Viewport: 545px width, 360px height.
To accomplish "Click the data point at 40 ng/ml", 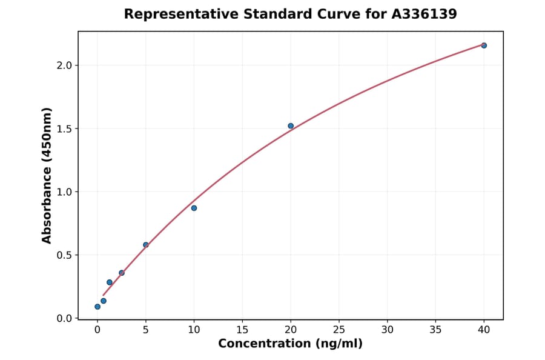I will click(484, 45).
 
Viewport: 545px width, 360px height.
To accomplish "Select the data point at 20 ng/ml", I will click(291, 126).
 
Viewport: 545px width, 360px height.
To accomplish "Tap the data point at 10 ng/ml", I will click(194, 208).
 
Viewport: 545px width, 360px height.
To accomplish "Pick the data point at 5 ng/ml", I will click(145, 245).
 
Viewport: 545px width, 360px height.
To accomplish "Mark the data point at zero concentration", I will click(97, 307).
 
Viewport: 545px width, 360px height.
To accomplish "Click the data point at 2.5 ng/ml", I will click(122, 273).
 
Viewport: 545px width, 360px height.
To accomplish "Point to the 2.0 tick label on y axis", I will click(64, 65).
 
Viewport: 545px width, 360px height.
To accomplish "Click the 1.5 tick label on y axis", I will click(64, 128).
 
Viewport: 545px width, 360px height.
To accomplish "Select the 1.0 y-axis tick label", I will click(64, 192).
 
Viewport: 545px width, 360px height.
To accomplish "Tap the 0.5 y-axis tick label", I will click(64, 255).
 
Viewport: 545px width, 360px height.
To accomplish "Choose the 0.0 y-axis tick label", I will click(64, 318).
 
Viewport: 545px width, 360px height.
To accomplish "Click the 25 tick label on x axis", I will click(339, 330).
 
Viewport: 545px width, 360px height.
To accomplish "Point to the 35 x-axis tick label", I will click(435, 330).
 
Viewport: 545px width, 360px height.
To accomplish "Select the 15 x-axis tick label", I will click(242, 330).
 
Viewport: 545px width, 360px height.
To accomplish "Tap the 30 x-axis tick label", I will click(388, 330).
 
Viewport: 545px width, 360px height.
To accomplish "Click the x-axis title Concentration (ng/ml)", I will click(291, 344).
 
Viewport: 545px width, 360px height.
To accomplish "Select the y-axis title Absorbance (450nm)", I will click(47, 176).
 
